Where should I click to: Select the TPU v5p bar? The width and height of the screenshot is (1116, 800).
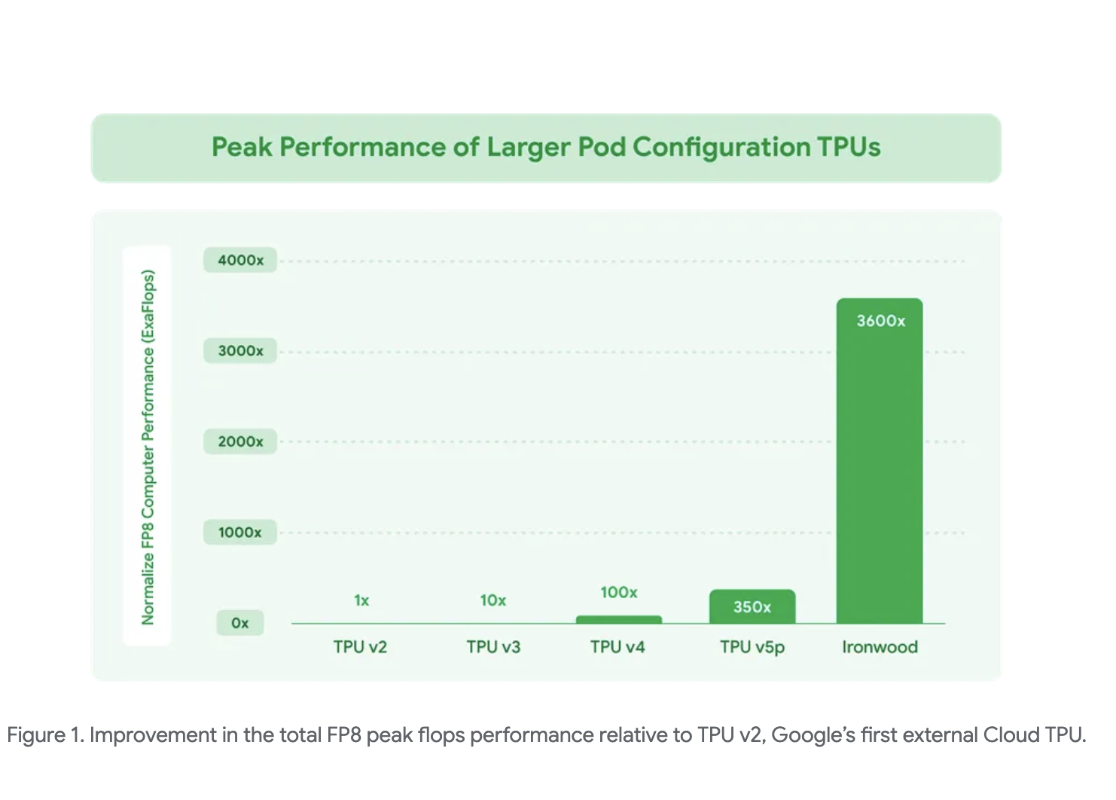click(x=752, y=606)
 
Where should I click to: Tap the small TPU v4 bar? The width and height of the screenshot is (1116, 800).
click(x=618, y=620)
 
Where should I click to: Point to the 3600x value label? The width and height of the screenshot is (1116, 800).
click(x=880, y=321)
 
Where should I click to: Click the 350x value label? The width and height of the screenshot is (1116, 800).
click(x=752, y=607)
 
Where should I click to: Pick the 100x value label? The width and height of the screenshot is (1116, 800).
click(x=618, y=593)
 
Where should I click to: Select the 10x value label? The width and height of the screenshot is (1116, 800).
click(x=493, y=600)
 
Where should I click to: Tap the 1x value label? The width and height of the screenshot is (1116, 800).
click(x=361, y=600)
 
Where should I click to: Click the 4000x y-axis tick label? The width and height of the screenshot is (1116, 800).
click(x=240, y=261)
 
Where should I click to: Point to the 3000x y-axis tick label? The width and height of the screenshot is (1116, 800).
click(x=240, y=351)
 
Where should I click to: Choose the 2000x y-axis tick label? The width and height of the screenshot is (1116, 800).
click(x=240, y=441)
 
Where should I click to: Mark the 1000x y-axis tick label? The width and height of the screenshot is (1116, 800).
click(x=240, y=533)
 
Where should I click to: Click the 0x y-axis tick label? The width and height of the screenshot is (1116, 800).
click(x=239, y=623)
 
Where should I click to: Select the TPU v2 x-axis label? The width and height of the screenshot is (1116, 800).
click(x=360, y=647)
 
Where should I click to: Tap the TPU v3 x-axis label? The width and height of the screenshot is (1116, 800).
click(x=493, y=647)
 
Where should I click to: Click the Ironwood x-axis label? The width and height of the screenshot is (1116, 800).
click(x=880, y=647)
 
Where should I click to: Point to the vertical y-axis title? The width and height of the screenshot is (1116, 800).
click(x=148, y=447)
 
